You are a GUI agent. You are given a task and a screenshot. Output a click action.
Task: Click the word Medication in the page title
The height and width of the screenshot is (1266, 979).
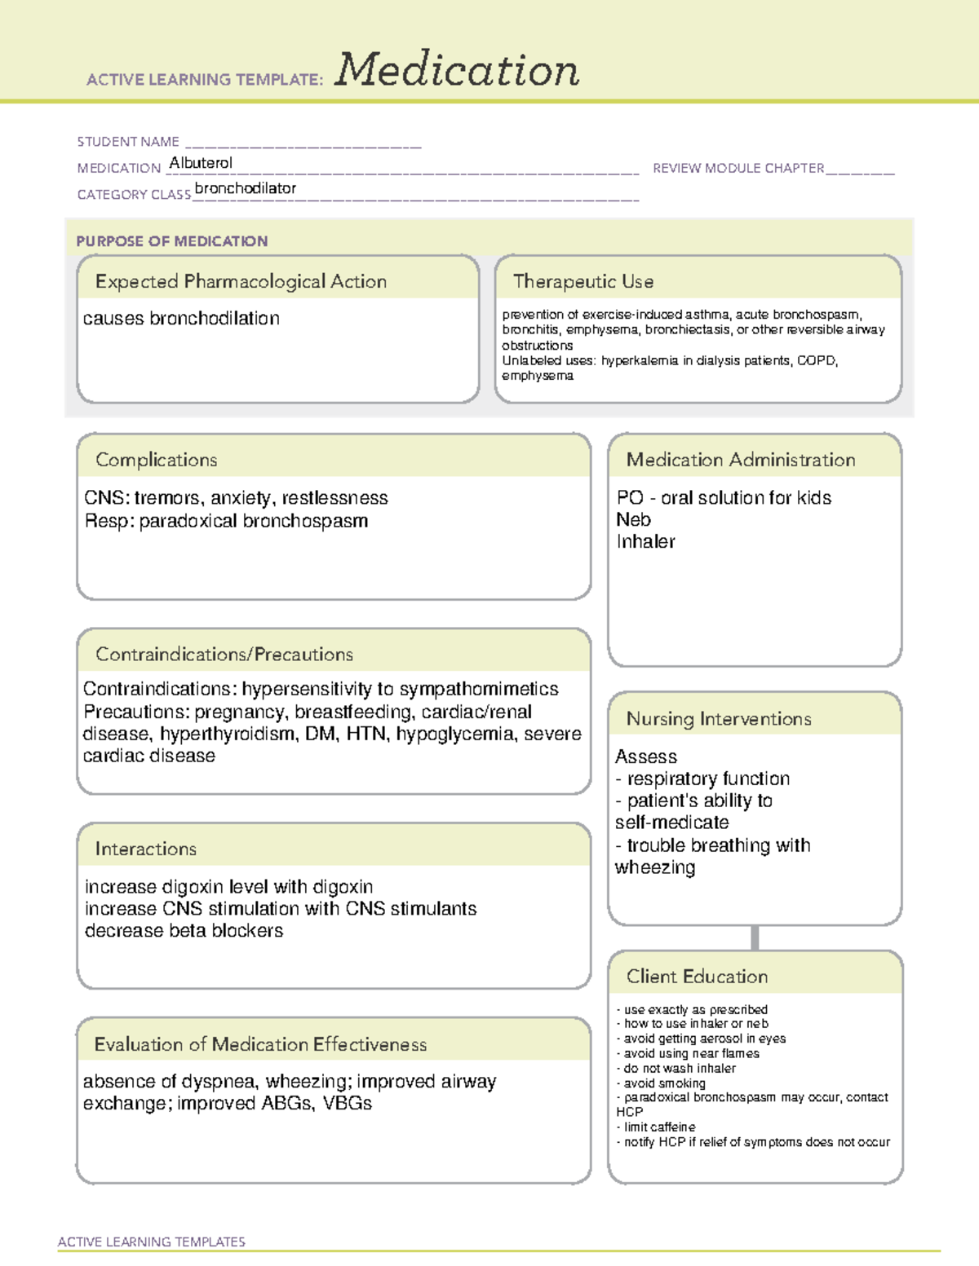pos(456,70)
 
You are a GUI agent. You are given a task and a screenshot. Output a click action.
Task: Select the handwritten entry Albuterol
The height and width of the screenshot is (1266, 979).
pos(201,163)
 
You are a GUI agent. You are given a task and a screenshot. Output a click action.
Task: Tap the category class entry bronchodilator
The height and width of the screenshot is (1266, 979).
pos(246,188)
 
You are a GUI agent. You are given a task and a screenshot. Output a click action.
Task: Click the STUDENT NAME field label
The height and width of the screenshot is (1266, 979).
pos(128,142)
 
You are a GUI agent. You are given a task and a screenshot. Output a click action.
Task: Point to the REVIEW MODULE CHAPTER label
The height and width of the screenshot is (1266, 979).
pos(738,168)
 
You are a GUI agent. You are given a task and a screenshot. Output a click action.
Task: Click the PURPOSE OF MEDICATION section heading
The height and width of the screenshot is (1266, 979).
pos(172,241)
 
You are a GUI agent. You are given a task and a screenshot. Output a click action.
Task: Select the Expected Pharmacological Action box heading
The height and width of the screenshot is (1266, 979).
pos(241,281)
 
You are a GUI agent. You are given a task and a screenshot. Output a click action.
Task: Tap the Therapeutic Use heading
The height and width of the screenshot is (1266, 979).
pos(583,281)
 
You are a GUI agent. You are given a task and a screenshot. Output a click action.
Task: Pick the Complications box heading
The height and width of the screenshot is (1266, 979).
pos(157,460)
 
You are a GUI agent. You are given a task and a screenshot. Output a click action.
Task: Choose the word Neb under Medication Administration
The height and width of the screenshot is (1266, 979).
pos(634,519)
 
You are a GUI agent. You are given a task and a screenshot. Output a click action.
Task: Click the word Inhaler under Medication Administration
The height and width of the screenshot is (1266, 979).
pos(646,541)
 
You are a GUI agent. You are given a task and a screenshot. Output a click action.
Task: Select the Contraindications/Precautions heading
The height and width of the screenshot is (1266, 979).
pos(224,655)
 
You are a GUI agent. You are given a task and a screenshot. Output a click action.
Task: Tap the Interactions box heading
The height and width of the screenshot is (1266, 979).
pos(146,849)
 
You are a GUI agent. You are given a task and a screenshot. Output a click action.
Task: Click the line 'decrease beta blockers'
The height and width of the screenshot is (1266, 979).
pos(184,931)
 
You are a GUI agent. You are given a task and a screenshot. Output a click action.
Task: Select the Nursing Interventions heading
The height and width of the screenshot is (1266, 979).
pos(719,719)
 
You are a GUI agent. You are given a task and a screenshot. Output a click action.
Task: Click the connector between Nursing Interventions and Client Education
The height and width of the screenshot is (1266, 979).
pos(755,938)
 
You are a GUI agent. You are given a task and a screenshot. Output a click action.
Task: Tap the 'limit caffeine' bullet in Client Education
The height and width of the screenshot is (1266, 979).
pos(659,1127)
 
